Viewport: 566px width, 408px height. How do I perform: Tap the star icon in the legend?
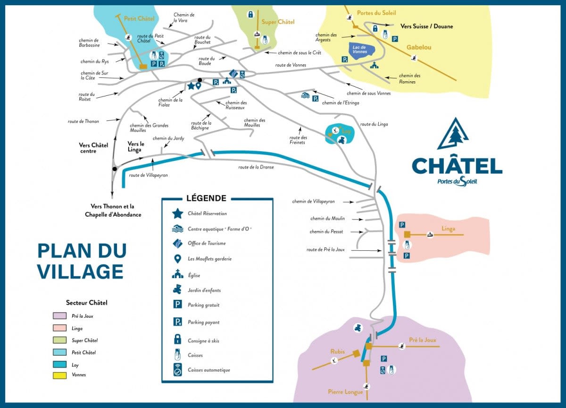click(177, 213)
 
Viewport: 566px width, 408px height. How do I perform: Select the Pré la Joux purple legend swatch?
click(59, 316)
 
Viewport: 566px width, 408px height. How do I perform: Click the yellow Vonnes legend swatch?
click(59, 375)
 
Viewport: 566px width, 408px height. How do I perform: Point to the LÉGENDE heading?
click(206, 198)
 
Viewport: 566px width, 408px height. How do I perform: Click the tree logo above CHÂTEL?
click(453, 135)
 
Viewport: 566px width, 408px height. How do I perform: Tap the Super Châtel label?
click(278, 22)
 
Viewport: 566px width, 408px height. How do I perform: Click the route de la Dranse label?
click(256, 167)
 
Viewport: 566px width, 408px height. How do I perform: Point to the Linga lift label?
click(448, 229)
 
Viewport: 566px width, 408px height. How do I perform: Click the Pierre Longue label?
click(345, 392)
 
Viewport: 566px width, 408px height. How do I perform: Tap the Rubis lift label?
click(337, 352)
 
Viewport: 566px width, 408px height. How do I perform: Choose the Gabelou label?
click(418, 47)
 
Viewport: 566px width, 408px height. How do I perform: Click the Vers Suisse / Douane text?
click(426, 26)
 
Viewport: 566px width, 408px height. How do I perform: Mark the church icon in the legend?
click(177, 274)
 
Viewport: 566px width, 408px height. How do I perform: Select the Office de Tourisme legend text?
click(207, 243)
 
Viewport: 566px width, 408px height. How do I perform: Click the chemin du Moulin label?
click(327, 219)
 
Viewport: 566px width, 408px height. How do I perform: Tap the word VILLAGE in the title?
click(81, 272)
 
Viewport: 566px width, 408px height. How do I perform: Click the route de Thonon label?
click(83, 121)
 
